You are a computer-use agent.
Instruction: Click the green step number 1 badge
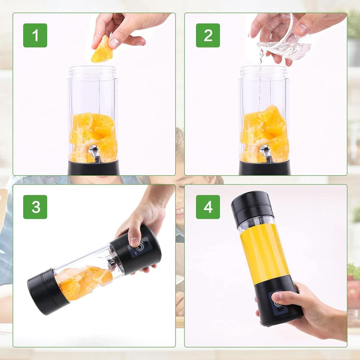coord(35,35)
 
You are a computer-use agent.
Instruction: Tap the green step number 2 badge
coord(208,35)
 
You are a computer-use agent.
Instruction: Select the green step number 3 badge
coord(35,207)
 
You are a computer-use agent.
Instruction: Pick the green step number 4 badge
coord(208,207)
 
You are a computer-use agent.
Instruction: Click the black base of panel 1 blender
coord(94,168)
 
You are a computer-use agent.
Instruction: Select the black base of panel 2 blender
coord(265,168)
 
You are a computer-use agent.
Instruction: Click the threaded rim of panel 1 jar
coord(92,72)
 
